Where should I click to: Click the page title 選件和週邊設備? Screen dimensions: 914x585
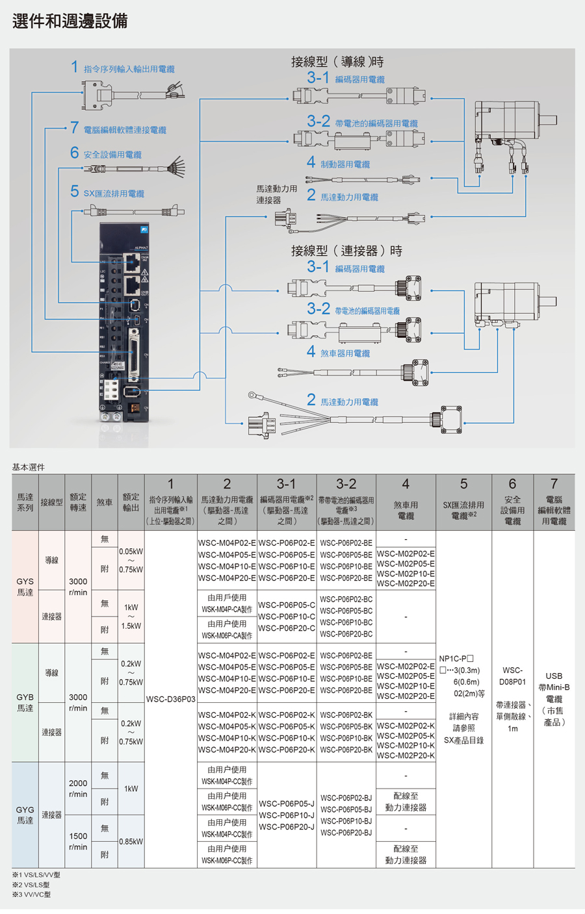[x=70, y=21]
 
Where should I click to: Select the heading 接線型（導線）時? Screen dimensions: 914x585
[x=337, y=62]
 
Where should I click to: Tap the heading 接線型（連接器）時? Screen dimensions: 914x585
[x=346, y=251]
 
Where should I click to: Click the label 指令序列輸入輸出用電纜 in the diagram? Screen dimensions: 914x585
[x=129, y=69]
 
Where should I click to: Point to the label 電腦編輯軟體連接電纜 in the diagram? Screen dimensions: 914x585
[x=124, y=130]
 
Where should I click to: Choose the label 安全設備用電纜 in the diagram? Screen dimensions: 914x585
[x=112, y=155]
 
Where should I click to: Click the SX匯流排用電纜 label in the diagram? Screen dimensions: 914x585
[x=114, y=194]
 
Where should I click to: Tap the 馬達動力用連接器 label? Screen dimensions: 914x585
[x=276, y=194]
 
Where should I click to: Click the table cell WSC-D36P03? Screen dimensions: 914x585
[x=170, y=700]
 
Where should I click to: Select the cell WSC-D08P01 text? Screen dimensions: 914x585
[x=512, y=676]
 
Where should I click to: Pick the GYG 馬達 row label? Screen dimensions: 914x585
[x=25, y=815]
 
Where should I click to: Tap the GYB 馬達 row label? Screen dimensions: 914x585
[x=25, y=702]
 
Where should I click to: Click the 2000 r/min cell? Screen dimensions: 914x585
[x=78, y=789]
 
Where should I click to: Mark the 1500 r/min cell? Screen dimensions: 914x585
[x=78, y=841]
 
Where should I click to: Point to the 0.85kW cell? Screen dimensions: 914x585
[x=131, y=841]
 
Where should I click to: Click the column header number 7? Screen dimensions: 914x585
[x=554, y=484]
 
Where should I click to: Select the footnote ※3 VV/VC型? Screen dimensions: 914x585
[x=31, y=895]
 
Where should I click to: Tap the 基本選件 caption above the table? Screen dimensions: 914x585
[x=29, y=467]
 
